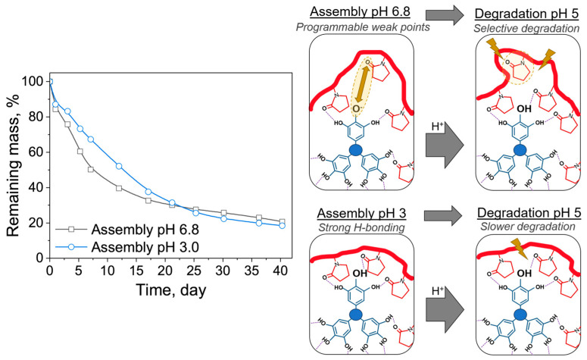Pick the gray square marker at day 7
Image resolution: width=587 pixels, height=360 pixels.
pyautogui.click(x=90, y=169)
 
